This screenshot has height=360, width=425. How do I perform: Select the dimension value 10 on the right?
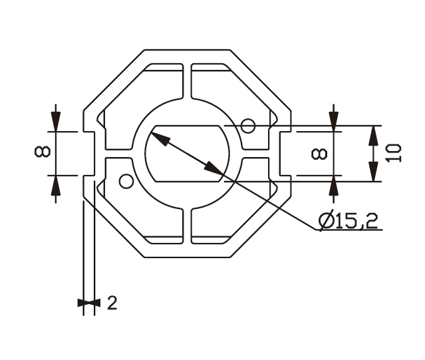[394, 153]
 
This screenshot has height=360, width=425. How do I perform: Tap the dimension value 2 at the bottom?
[112, 303]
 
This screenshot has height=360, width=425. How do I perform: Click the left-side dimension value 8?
[43, 152]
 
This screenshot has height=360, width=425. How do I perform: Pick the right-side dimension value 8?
[319, 154]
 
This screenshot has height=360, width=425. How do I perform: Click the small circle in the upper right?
[248, 126]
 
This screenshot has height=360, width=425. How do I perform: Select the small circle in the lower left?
[126, 182]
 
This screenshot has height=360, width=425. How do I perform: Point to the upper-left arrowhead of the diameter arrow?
[160, 138]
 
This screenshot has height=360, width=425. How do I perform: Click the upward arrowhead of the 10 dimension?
[374, 136]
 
